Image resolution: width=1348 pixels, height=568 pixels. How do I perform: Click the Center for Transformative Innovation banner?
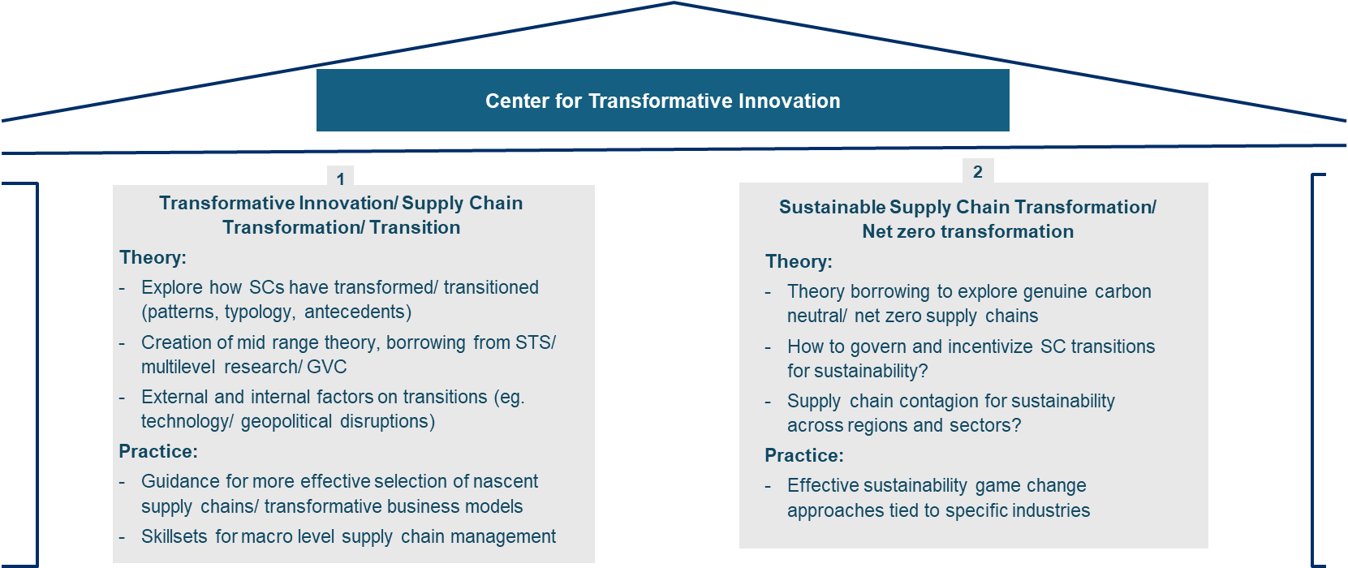coord(662,101)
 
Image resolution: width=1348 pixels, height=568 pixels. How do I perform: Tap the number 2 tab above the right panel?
coord(978,171)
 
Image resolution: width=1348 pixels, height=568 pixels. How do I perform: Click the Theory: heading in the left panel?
coord(153,257)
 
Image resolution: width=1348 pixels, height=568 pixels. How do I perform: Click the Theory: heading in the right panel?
coord(799,262)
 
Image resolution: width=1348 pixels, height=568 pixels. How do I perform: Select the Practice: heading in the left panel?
coord(158,451)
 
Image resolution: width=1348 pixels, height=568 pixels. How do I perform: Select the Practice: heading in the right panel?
coord(804,455)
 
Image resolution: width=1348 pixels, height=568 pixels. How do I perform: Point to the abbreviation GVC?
coord(327,367)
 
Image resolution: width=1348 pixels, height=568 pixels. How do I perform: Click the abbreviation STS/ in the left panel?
coord(536,342)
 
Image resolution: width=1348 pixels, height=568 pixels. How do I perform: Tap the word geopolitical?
coord(286,421)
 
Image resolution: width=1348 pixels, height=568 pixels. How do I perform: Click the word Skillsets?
coord(174,536)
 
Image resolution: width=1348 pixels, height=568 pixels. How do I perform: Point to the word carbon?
coord(1123,292)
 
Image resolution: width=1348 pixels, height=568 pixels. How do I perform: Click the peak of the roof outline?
coord(674,3)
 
